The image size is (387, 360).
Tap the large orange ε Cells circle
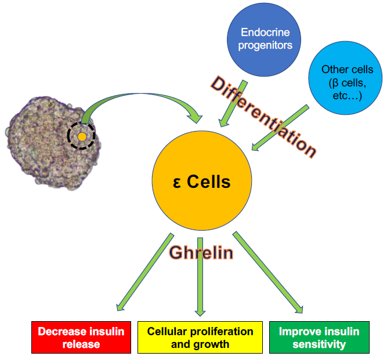point(201,182)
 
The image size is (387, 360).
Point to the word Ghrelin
point(201,252)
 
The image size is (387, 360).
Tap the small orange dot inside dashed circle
point(82,137)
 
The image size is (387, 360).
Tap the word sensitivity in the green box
point(319,344)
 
